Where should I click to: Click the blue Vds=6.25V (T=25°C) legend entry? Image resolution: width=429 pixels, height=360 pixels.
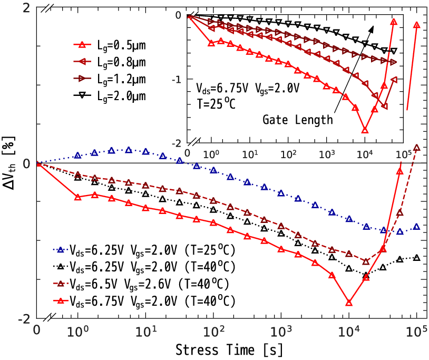143,250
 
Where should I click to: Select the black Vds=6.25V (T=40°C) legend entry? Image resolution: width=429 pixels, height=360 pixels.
143,267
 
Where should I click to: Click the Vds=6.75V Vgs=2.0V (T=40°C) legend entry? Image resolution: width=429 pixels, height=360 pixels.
143,301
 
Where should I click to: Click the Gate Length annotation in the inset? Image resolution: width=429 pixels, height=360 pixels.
298,120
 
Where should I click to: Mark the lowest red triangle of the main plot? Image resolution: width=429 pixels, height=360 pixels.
348,302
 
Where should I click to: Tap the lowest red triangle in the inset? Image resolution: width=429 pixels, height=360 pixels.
365,129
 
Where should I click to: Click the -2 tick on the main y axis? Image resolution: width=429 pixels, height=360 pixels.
23,319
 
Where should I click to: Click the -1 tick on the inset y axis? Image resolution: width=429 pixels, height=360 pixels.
178,80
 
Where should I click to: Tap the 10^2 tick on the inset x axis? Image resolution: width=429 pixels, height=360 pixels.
288,153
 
